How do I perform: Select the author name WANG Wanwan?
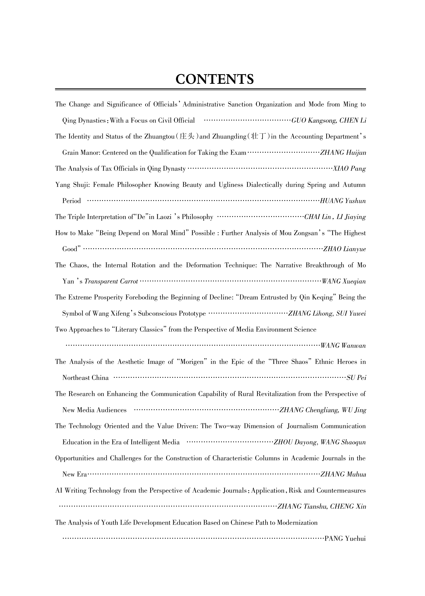pos(343,346)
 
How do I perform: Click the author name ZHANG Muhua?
pos(343,474)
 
